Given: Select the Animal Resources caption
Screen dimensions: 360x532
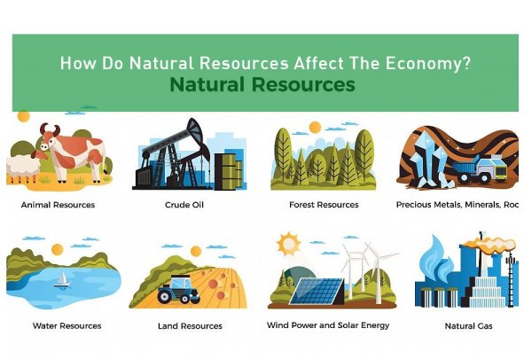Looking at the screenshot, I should [58, 205].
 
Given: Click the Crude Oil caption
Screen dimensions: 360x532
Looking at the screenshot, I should [182, 205].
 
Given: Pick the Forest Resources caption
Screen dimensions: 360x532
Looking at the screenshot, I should [324, 205].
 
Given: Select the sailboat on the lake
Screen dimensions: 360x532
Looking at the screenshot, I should [62, 281].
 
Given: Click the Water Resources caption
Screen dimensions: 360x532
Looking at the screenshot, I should [66, 325].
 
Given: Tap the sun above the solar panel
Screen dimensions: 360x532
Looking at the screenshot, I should [287, 242].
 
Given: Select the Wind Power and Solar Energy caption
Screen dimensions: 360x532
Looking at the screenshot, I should [328, 325].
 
